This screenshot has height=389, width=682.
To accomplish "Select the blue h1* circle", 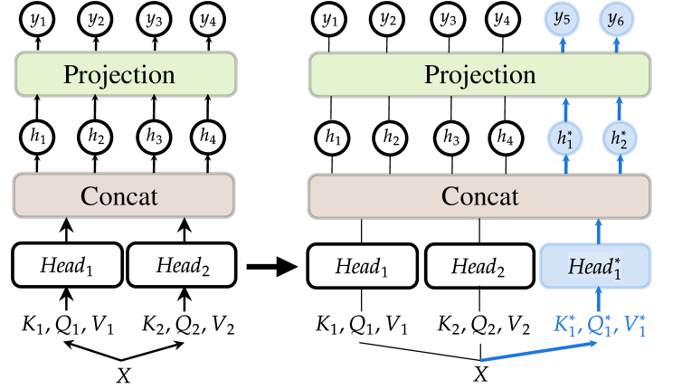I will tap(565, 138).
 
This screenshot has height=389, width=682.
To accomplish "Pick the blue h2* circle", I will tap(620, 138).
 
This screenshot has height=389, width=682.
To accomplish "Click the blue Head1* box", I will tap(595, 266).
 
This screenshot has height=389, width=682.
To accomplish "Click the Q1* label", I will tap(600, 325).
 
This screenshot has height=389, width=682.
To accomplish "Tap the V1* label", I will tap(636, 325).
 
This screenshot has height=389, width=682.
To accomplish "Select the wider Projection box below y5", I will tap(479, 74).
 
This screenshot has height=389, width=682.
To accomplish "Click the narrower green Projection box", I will tap(126, 74).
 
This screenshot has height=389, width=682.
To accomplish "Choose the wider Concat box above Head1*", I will tap(479, 196).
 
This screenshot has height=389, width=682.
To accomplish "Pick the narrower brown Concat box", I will tap(124, 195).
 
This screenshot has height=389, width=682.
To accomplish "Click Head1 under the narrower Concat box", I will tap(67, 266).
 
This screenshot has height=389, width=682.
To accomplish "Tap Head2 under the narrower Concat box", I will tap(183, 266).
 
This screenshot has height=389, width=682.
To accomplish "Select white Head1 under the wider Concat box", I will tap(362, 266).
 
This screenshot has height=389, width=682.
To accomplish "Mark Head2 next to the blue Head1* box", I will tap(478, 266).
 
